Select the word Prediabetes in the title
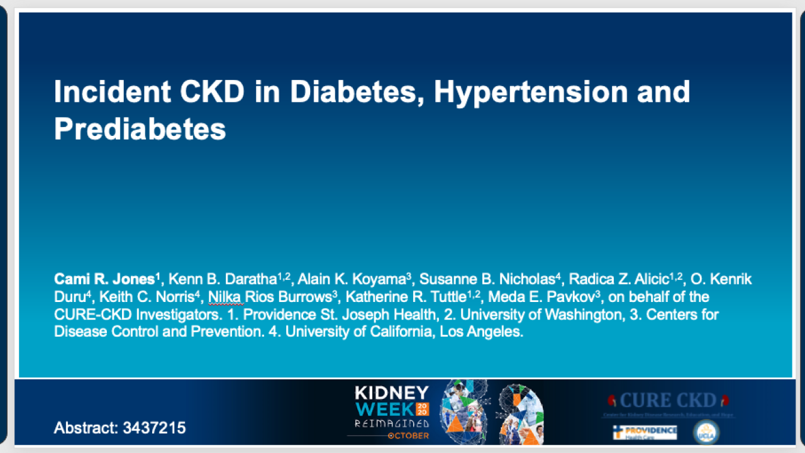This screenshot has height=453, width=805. (x=140, y=129)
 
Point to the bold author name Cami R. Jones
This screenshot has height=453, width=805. (x=104, y=279)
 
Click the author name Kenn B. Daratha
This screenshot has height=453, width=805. (x=224, y=279)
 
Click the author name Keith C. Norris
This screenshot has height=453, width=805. (x=145, y=296)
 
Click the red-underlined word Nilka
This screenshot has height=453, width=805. (x=225, y=296)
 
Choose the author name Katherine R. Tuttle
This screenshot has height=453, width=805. (x=406, y=296)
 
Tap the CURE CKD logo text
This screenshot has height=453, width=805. (x=667, y=400)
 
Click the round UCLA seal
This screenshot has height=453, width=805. (x=706, y=432)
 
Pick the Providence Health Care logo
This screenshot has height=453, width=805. (x=645, y=432)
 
